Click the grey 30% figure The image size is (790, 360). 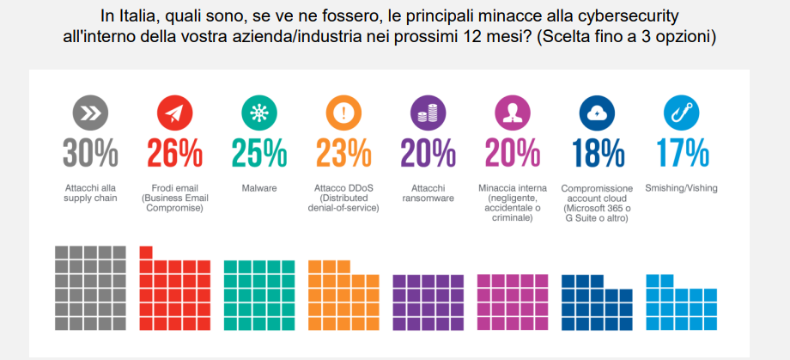click(89, 153)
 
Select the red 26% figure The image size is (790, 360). click(174, 153)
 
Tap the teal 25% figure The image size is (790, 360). click(258, 153)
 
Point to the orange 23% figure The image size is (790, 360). click(343, 153)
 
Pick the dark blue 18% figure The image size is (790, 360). click(597, 153)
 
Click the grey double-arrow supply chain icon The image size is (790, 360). click(89, 112)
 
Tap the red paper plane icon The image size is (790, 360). click(174, 112)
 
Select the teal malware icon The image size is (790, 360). click(258, 112)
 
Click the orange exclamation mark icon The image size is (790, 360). click(343, 112)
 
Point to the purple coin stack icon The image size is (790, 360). click(428, 112)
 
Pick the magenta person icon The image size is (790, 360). click(513, 112)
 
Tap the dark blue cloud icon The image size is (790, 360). click(597, 112)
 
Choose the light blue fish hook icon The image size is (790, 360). click(682, 112)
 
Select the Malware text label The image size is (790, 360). click(258, 188)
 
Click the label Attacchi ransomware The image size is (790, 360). click(428, 192)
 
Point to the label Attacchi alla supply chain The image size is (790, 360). click(89, 192)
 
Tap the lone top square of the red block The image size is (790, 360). click(146, 251)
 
